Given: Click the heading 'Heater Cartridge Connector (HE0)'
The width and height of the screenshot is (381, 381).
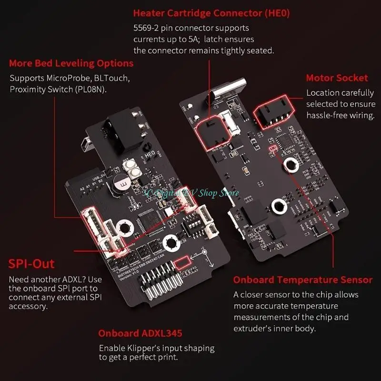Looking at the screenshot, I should pos(211,13).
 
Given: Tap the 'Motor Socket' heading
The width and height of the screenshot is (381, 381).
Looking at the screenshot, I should pos(337,78).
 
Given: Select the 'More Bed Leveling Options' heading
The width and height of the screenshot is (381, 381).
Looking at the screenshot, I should pos(71,63).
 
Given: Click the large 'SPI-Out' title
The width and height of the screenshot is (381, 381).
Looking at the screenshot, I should pos(32,263).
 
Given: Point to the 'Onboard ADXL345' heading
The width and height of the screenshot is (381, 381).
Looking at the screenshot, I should pos(140,333).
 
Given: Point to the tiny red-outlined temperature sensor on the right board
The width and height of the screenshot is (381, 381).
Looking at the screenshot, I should pos(273,149).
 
